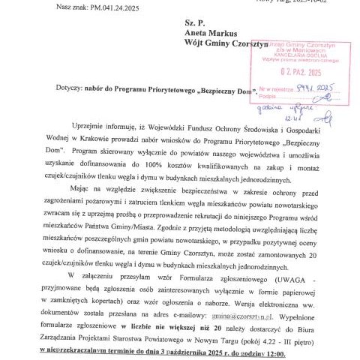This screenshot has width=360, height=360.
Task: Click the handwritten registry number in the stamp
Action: [315, 87]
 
